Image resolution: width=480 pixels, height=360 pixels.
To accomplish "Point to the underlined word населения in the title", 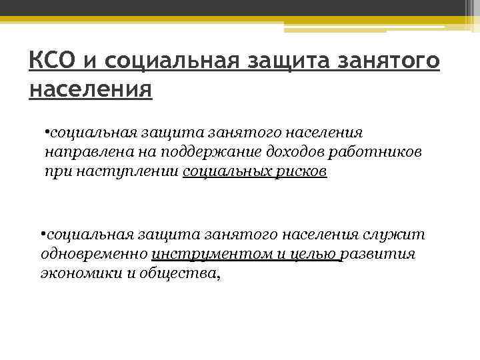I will click(x=91, y=89).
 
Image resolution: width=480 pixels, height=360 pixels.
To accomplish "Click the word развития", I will click(x=381, y=255).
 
